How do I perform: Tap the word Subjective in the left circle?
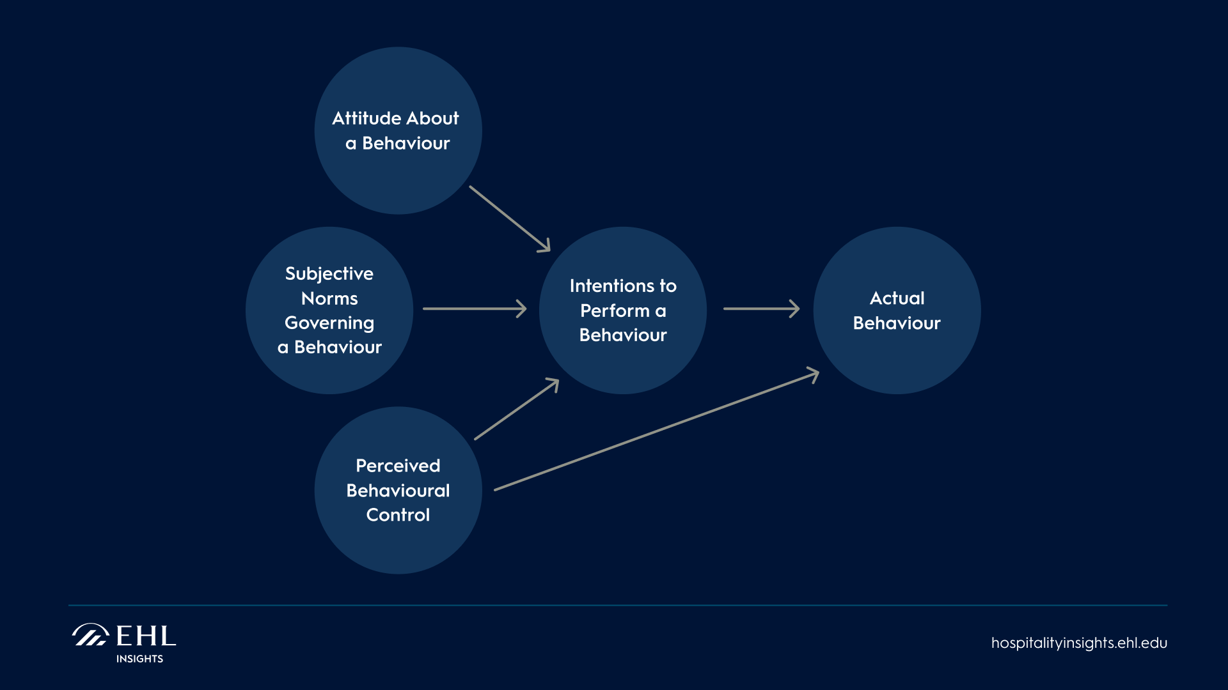329,273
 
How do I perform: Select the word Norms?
329,298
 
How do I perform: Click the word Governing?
329,323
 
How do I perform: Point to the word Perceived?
398,466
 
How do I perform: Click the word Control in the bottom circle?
398,515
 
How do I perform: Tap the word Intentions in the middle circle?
607,286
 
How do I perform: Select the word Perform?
614,310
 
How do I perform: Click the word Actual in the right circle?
897,298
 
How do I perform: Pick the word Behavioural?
398,491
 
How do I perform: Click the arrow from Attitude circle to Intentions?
509,218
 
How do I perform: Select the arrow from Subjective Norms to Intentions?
474,309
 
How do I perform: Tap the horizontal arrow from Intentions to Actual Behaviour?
760,309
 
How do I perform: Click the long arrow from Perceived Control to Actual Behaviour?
656,430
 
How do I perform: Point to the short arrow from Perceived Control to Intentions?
516,410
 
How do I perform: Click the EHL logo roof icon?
90,635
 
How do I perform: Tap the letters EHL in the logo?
146,636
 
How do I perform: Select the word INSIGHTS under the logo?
139,659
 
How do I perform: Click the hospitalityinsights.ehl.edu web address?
1079,643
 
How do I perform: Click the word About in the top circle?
432,118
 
